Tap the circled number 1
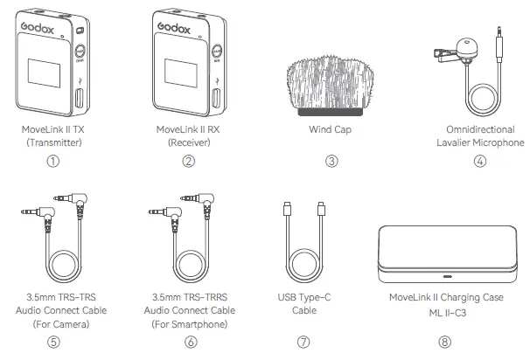pos(53,161)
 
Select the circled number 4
pos(479,161)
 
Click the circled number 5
pos(53,342)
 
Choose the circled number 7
pos(303,342)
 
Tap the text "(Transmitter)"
pos(53,142)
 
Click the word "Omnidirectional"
pos(479,129)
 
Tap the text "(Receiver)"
pos(189,142)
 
